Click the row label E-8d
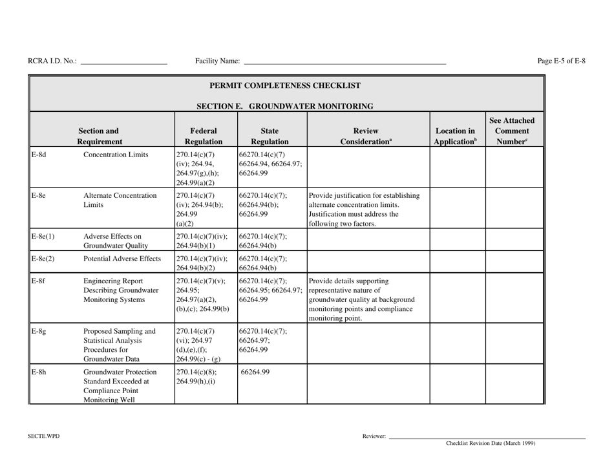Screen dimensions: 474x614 point(37,155)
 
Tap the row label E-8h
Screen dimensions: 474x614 point(37,372)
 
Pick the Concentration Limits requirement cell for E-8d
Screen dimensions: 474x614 point(117,155)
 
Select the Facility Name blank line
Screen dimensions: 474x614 point(344,63)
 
